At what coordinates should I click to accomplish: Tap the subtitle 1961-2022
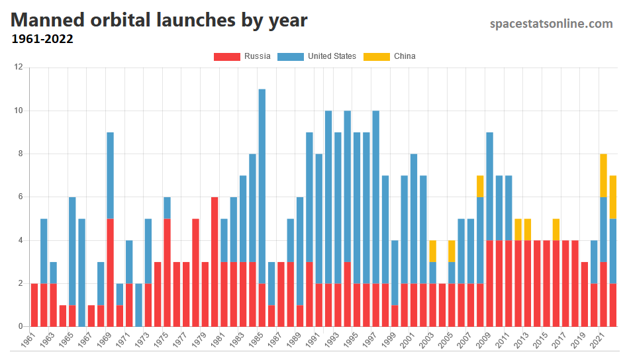[42, 39]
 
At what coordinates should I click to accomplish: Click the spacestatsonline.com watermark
[551, 24]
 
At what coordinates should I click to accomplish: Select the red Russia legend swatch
[226, 56]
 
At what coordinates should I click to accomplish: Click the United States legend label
[332, 56]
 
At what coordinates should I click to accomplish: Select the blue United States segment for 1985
[262, 186]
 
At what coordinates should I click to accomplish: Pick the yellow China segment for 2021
[604, 175]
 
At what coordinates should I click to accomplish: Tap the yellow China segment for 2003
[433, 251]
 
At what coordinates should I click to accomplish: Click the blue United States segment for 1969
[110, 175]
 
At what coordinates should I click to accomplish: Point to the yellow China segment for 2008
[480, 186]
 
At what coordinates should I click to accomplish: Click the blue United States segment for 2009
[490, 186]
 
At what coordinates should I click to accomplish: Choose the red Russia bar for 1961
[34, 304]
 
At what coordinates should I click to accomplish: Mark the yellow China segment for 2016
[556, 229]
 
